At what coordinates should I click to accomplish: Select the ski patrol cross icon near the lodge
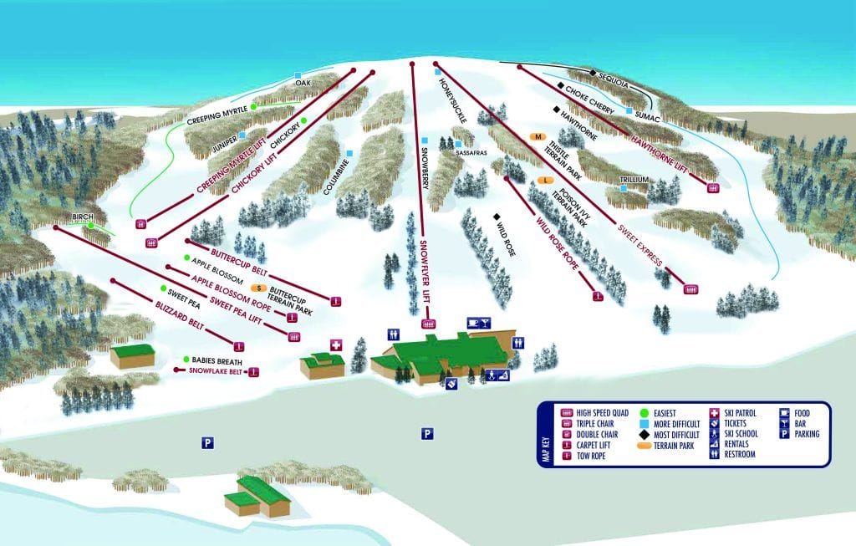point(337,344)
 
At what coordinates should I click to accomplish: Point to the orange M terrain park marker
point(538,136)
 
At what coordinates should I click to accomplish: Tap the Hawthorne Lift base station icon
point(713,188)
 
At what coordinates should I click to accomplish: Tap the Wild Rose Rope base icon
point(597,296)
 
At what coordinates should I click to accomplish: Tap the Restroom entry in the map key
point(741,455)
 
